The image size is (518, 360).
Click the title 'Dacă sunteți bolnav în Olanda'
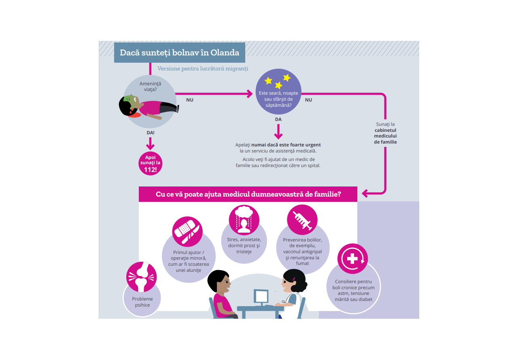pos(179,53)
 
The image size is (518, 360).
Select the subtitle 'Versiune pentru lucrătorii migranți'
pos(203,69)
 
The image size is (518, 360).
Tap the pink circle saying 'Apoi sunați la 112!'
pos(150,163)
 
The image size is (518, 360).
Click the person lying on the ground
pos(148,107)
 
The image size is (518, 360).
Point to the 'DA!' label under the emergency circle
pos(150,132)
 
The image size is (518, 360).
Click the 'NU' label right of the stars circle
pos(308,100)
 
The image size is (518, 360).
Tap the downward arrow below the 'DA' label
pos(278,131)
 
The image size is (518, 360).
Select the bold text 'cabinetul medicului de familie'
pos(385,136)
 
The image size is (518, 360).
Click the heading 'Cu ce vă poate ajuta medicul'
pos(248,194)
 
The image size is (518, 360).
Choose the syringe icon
pos(302,220)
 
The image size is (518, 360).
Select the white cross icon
pos(352,258)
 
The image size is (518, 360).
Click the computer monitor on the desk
pos(261,297)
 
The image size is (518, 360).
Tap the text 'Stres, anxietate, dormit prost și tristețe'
pos(244,246)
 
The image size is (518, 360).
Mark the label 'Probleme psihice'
pos(142,302)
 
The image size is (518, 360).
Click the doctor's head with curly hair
pos(294,281)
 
